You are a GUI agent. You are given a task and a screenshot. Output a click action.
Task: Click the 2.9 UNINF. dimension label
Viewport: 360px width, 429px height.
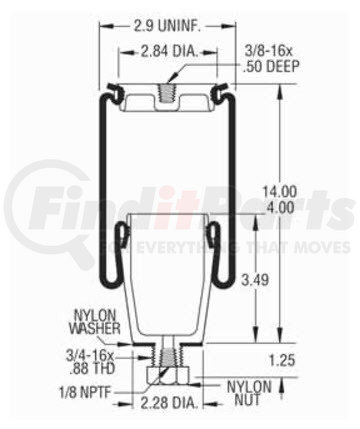167,26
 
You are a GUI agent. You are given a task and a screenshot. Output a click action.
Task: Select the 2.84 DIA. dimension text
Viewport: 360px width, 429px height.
169,52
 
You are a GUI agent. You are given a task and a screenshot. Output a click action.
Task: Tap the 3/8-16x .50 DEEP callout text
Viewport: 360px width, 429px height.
271,59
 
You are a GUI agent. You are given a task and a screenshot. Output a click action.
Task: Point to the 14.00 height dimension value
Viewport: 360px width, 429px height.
279,192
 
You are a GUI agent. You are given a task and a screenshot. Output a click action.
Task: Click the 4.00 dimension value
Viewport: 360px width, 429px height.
281,208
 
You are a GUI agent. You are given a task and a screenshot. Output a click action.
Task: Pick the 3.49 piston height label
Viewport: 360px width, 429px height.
255,280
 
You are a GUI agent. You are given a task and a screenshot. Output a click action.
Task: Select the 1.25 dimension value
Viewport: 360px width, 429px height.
282,360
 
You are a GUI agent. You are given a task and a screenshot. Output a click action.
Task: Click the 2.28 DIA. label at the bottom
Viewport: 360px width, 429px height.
167,403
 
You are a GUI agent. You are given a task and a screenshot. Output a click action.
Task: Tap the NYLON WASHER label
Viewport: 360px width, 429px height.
95,322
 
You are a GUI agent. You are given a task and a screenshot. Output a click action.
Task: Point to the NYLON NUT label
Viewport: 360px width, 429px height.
249,393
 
